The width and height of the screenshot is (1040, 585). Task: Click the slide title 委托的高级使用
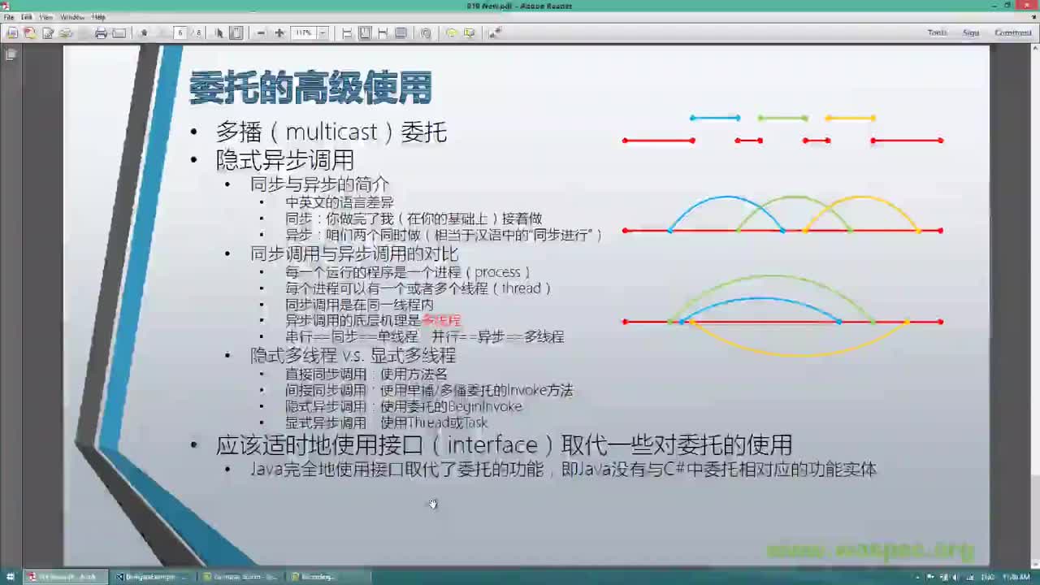(310, 89)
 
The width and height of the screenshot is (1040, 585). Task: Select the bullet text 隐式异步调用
(284, 159)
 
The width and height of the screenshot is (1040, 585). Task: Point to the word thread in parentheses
(521, 288)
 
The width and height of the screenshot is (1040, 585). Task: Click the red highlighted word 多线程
(441, 321)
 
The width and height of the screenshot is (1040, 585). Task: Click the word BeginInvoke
(485, 406)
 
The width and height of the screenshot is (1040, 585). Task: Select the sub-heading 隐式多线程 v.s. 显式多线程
(353, 356)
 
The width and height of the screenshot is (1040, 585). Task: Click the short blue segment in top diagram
(715, 118)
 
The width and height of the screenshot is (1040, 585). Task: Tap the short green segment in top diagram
(782, 118)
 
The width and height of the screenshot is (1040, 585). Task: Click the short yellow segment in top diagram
(850, 118)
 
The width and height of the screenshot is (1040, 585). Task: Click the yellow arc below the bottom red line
(800, 353)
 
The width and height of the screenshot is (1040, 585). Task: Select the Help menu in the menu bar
(98, 17)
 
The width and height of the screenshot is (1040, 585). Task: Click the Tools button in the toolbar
(937, 32)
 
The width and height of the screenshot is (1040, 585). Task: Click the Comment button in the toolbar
(1012, 32)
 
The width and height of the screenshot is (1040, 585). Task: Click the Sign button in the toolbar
(970, 32)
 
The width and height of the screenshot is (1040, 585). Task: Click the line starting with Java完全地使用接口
(562, 470)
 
